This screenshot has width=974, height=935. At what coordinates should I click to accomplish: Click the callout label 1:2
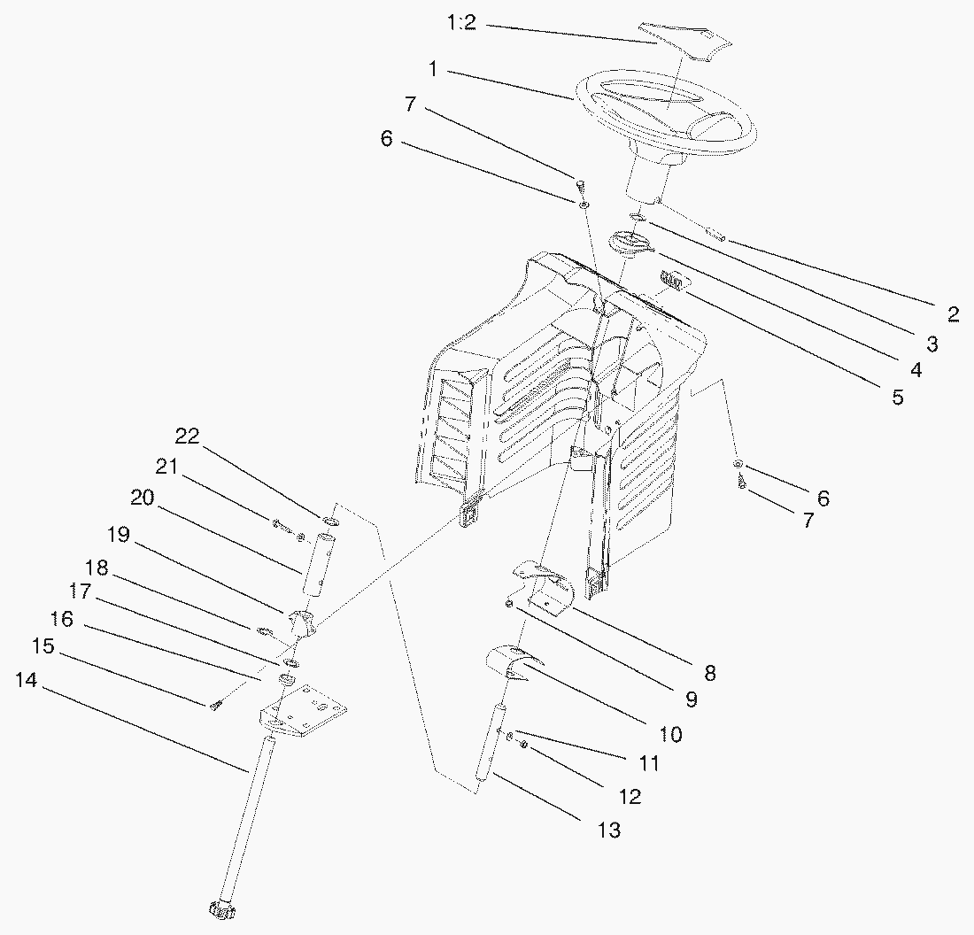pos(461,23)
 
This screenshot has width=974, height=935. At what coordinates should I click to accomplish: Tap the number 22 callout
pos(187,437)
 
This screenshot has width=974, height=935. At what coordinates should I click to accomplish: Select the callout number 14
pos(26,680)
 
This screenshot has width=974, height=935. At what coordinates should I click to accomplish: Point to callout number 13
pos(609,830)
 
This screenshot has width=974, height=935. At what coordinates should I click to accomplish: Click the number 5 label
pos(898,397)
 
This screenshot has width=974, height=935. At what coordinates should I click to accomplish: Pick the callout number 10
pos(670,734)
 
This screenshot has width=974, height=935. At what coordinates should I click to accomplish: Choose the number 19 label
pos(118,534)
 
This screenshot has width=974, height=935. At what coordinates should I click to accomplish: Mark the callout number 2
pos(954,313)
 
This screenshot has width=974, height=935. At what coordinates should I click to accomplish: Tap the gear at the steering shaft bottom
pos(221,909)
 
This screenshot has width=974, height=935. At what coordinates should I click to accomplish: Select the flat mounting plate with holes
pos(303,711)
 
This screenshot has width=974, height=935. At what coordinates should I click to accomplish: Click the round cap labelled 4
pos(630,243)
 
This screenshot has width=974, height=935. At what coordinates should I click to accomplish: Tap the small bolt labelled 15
pos(215,705)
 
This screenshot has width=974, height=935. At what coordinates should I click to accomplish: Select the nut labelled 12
pos(523,745)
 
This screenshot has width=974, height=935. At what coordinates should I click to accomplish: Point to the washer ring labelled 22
pos(330,520)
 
